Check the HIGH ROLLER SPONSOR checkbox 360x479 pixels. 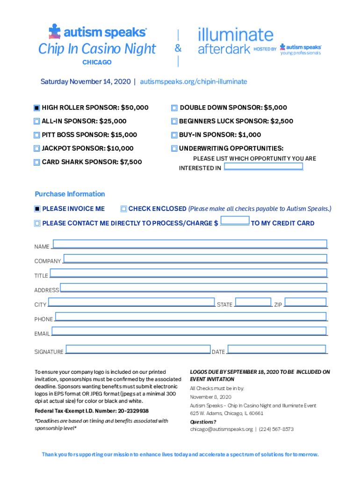pos(37,108)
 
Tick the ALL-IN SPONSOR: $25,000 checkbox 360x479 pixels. pos(37,121)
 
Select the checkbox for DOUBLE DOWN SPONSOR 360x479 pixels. pos(174,108)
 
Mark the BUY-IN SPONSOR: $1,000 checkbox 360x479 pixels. pos(174,135)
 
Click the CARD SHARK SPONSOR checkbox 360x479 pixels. pos(37,162)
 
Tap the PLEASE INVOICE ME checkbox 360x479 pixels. pos(37,209)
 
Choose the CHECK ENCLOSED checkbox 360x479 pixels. pos(123,209)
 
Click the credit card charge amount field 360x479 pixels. pos(235,221)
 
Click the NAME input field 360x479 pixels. pos(190,244)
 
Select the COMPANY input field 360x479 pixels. pos(195,258)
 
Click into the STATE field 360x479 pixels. pos(253,302)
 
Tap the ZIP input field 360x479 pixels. pos(305,302)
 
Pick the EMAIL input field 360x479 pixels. pos(189,331)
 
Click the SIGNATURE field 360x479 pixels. pos(138,349)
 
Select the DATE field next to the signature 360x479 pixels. pos(277,349)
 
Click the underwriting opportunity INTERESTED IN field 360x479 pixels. pos(263,167)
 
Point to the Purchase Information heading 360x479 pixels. pos(70,194)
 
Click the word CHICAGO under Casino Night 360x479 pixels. pos(97,62)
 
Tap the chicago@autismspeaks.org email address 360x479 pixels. pos(221,429)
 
